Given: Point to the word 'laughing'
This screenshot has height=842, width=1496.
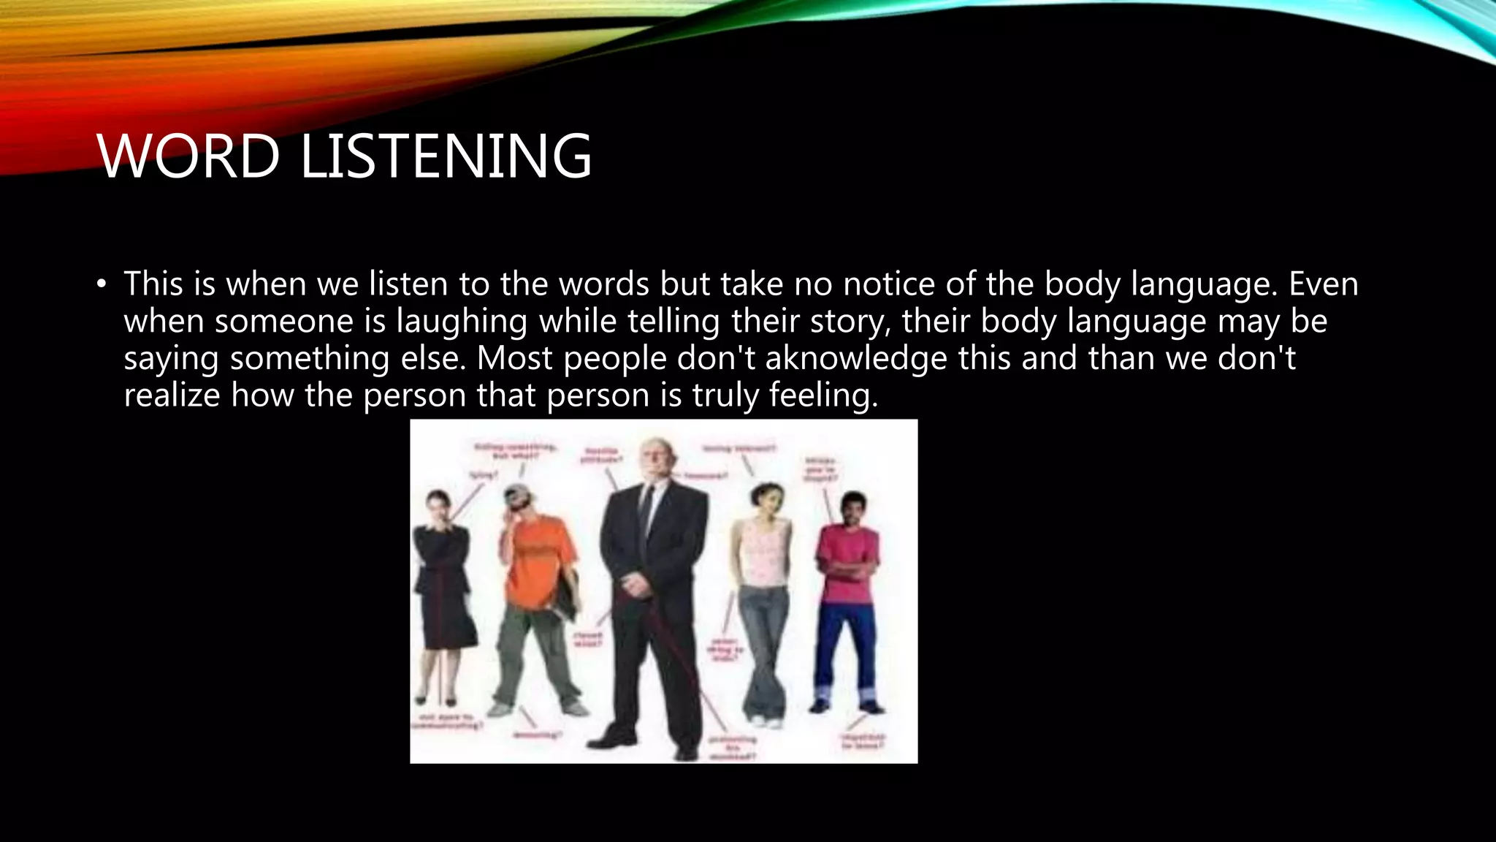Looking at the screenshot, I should (x=462, y=322).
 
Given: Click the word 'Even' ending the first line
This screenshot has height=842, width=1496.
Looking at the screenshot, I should (x=1323, y=284).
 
